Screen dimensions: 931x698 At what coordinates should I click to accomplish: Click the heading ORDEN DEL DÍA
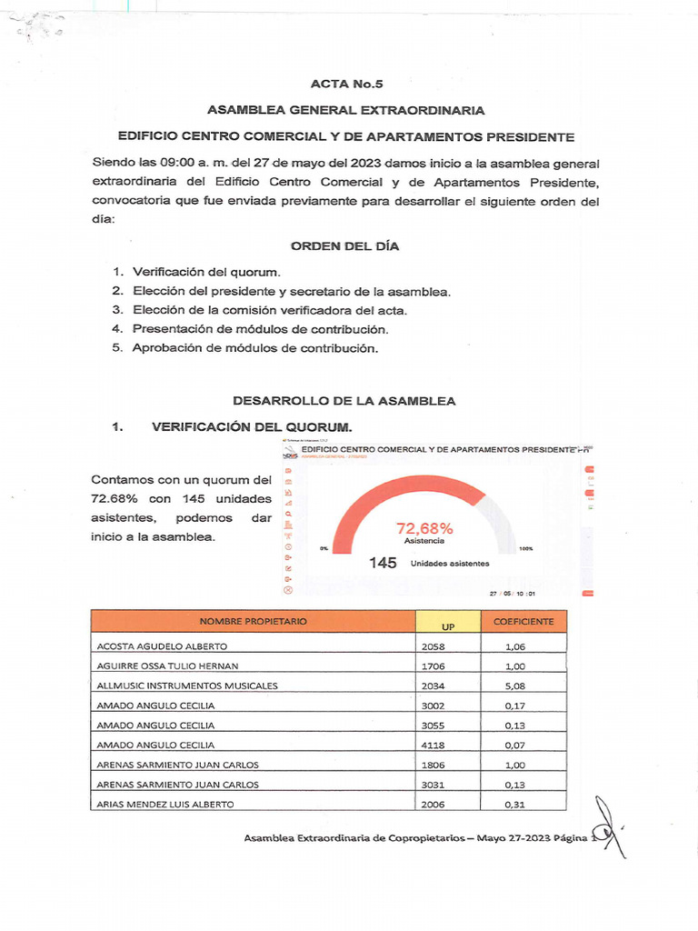coord(344,246)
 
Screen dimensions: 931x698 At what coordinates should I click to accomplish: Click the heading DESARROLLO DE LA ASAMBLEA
coord(344,401)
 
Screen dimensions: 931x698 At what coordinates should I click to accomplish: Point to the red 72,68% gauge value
coord(424,528)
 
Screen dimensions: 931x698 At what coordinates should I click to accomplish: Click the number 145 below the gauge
coord(383,563)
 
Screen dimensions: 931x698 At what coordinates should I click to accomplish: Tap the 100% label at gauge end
coord(525,549)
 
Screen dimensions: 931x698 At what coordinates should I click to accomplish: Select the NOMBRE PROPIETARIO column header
coord(254,621)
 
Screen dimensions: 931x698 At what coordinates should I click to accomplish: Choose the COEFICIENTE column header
coord(523,621)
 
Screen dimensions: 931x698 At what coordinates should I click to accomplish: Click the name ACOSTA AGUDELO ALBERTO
coord(155,646)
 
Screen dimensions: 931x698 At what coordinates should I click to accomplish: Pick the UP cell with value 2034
coord(435,686)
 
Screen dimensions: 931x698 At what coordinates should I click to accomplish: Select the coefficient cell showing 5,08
coord(515,686)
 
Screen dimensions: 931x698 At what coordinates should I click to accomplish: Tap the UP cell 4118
coord(435,745)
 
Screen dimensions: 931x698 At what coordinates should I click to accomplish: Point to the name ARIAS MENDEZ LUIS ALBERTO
coord(165,804)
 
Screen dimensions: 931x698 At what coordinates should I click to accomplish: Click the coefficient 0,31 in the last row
coord(515,804)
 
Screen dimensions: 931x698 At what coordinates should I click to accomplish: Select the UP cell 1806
coord(435,765)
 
